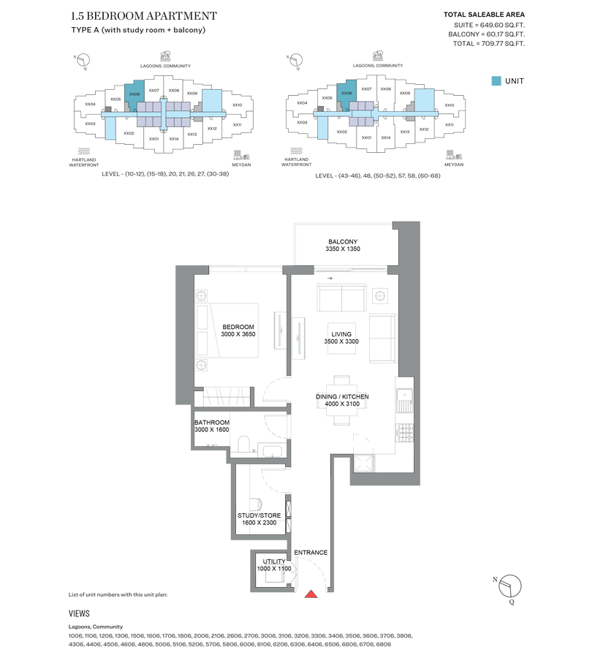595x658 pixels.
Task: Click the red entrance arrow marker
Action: click(x=311, y=594)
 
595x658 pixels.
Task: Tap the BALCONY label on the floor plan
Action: click(x=343, y=245)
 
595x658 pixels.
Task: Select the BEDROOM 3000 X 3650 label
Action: click(x=238, y=330)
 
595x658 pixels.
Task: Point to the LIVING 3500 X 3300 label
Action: click(x=341, y=338)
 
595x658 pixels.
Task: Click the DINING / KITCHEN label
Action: click(x=342, y=400)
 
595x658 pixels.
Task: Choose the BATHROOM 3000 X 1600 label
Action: click(x=212, y=426)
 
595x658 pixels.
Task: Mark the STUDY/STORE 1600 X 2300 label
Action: click(x=257, y=519)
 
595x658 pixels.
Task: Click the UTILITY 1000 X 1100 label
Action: click(x=274, y=565)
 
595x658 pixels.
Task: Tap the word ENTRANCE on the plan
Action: click(x=311, y=553)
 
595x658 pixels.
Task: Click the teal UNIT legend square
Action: click(x=496, y=81)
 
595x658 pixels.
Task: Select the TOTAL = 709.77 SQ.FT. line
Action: click(x=488, y=44)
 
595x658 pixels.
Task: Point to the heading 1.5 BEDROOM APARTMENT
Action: click(x=144, y=15)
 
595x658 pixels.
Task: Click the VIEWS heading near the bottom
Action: click(x=80, y=614)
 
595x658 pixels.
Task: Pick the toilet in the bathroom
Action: click(x=244, y=443)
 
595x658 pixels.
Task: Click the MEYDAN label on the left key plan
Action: click(x=240, y=164)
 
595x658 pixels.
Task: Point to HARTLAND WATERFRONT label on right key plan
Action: click(x=296, y=162)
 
